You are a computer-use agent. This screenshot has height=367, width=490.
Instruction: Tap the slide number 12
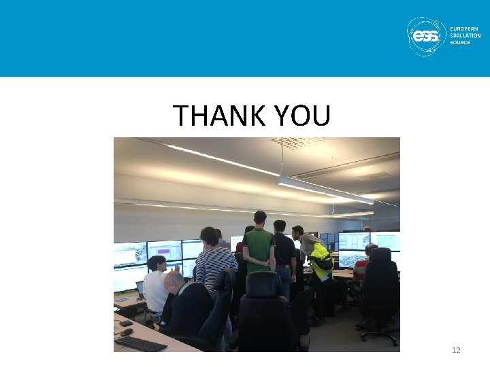pos(456,350)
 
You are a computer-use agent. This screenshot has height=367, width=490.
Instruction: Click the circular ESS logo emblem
pos(426,36)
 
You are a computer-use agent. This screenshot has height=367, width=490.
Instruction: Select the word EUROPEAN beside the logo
pos(464,29)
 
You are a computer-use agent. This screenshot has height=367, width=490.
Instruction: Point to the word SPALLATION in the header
pos(465,36)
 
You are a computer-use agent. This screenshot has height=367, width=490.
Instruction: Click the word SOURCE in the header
pos(460,43)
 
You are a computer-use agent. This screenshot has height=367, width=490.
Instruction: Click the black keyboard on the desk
pos(140,343)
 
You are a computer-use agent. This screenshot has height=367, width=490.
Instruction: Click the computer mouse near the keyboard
pos(127,332)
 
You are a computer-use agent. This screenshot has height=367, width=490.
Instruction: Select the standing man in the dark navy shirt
pos(282,251)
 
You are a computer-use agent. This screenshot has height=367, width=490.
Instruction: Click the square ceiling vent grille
pos(299,142)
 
